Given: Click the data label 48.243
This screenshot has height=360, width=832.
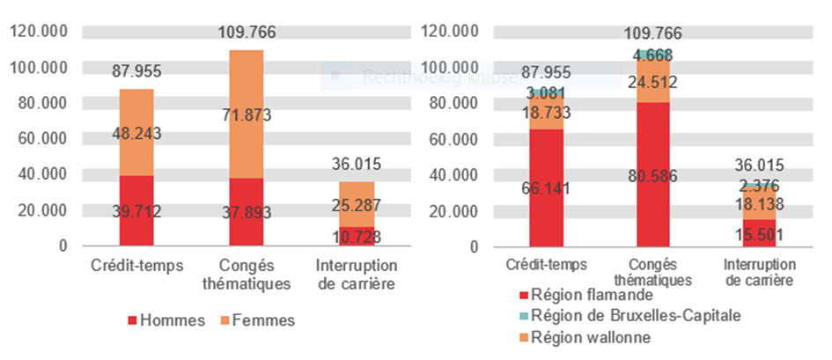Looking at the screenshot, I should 136,134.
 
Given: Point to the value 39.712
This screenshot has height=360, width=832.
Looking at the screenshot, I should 136,211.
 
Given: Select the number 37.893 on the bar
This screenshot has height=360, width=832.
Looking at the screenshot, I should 247,212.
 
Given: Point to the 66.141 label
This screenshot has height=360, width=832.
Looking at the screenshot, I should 548,187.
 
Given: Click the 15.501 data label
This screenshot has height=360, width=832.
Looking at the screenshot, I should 762,234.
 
